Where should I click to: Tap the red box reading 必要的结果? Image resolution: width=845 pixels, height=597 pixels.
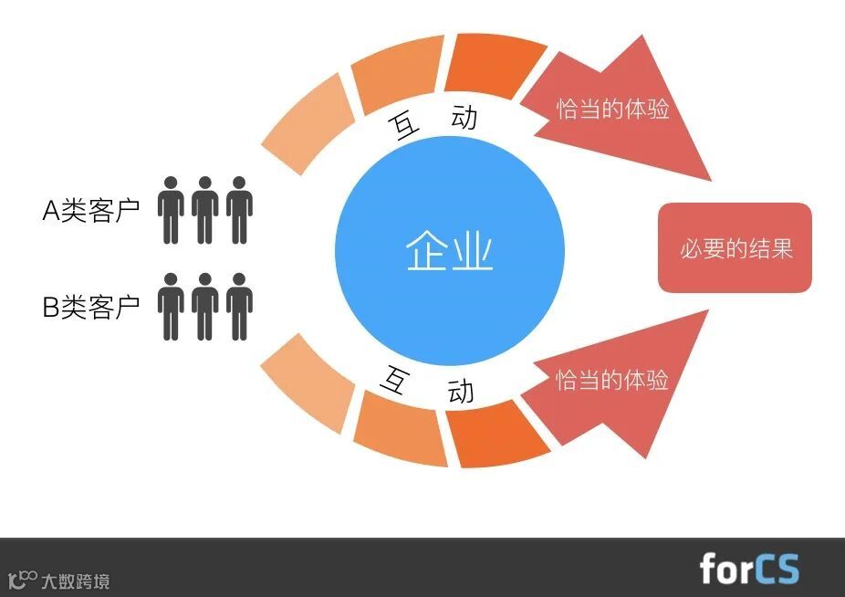[735, 247]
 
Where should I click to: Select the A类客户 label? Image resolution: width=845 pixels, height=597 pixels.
[91, 211]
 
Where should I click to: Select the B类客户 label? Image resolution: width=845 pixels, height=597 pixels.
[91, 307]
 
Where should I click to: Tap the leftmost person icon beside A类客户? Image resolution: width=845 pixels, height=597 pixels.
[171, 210]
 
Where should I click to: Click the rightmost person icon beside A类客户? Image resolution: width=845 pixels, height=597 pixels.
[239, 210]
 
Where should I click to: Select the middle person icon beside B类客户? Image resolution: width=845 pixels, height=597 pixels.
[205, 306]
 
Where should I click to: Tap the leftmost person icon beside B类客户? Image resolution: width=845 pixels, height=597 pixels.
[171, 306]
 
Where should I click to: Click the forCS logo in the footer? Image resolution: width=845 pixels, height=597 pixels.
[748, 568]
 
